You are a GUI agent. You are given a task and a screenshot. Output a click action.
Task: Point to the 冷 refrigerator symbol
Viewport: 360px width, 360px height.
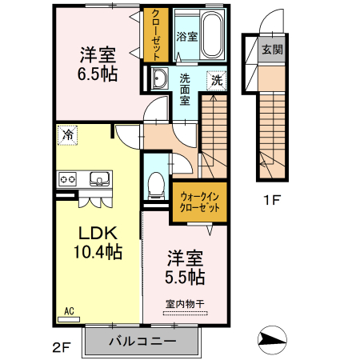click(69, 134)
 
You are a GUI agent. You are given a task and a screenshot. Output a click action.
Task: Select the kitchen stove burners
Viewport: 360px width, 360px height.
click(66, 178)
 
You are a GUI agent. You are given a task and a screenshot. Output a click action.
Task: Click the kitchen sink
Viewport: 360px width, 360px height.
click(98, 178)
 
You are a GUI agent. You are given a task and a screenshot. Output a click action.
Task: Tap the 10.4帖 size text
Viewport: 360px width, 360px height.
click(98, 252)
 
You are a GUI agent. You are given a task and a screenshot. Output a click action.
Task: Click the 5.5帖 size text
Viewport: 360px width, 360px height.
click(186, 277)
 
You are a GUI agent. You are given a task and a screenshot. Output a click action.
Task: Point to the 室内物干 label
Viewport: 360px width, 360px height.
click(185, 303)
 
